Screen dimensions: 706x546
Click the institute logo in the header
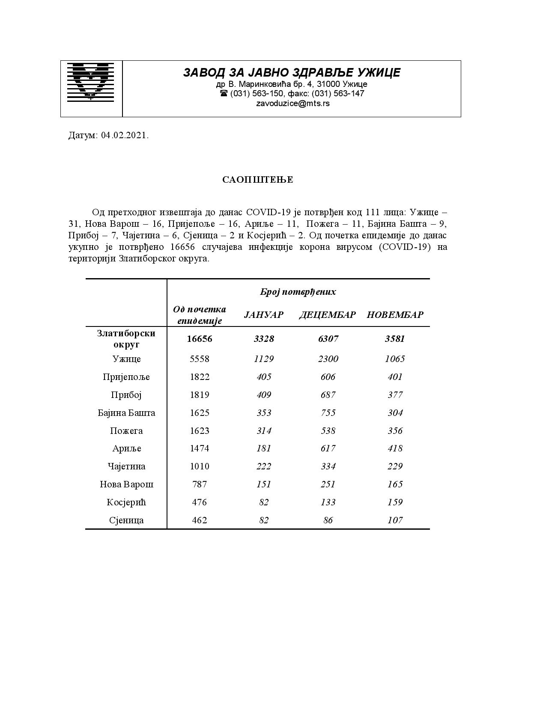click(x=91, y=81)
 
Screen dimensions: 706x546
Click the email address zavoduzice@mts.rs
click(x=292, y=103)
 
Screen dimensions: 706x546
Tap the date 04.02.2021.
click(x=125, y=136)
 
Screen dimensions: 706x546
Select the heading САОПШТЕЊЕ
click(x=257, y=180)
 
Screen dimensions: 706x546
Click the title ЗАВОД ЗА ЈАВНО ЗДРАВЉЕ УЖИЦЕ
click(x=292, y=73)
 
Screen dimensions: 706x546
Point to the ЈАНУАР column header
click(x=263, y=315)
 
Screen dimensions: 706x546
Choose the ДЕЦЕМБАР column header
click(x=327, y=315)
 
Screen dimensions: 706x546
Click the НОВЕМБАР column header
click(x=395, y=315)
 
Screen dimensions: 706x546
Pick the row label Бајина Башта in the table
click(x=126, y=413)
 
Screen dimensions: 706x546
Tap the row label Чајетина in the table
click(x=126, y=466)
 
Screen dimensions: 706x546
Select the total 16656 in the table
click(x=200, y=339)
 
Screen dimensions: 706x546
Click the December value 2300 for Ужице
click(x=328, y=359)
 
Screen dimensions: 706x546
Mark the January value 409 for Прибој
click(x=264, y=395)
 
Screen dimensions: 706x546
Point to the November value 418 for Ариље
click(x=395, y=448)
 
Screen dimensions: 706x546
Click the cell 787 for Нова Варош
click(x=200, y=484)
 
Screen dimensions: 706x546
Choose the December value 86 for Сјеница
click(x=328, y=520)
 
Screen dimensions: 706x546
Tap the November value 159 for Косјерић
click(x=395, y=502)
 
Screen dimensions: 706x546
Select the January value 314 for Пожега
click(x=264, y=431)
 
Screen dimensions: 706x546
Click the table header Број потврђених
click(x=298, y=292)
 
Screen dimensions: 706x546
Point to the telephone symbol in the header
click(x=224, y=93)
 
